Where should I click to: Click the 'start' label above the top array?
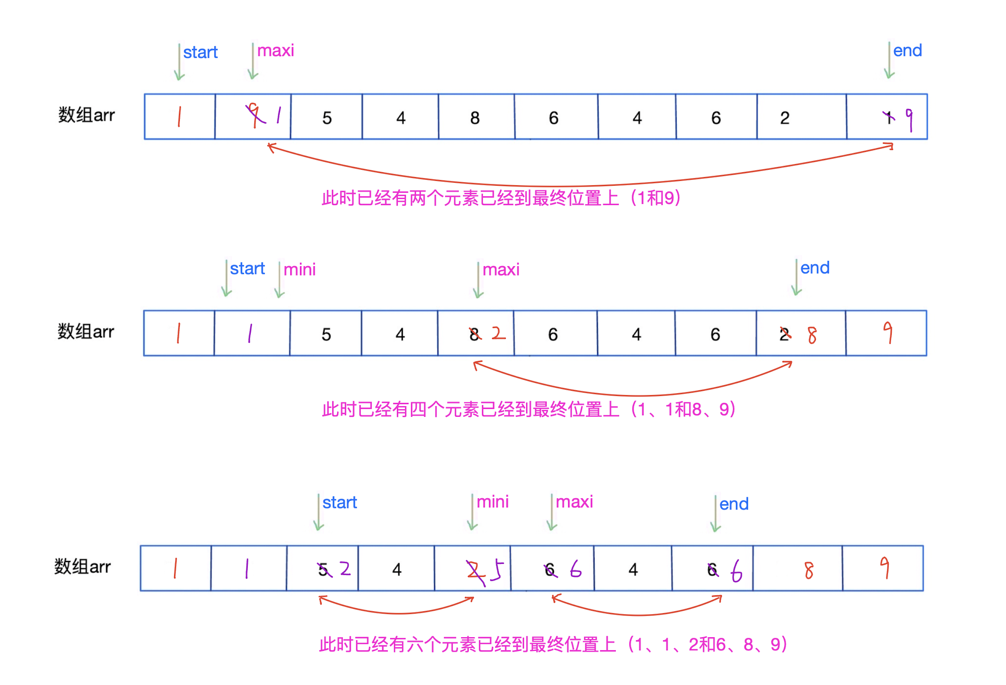click(x=200, y=52)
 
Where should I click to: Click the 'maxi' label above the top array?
click(x=275, y=51)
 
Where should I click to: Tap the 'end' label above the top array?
click(x=907, y=51)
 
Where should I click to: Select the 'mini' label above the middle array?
click(x=299, y=270)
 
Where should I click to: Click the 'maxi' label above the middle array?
click(x=501, y=270)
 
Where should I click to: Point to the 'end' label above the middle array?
click(x=815, y=268)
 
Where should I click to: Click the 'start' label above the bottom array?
click(x=340, y=503)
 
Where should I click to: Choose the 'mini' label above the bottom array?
click(x=492, y=502)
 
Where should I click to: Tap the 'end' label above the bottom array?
click(x=734, y=504)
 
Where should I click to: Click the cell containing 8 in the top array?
click(x=476, y=118)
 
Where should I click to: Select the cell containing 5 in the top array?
click(x=327, y=118)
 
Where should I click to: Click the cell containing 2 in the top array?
click(x=785, y=118)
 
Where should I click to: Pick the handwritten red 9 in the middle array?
click(x=887, y=333)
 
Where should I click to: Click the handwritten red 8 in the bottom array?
click(x=809, y=570)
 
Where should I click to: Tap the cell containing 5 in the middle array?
click(x=326, y=334)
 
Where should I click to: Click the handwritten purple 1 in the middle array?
click(x=250, y=333)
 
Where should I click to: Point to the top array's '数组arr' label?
click(x=86, y=115)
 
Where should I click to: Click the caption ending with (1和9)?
click(x=501, y=198)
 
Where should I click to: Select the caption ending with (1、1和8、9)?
click(x=529, y=409)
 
